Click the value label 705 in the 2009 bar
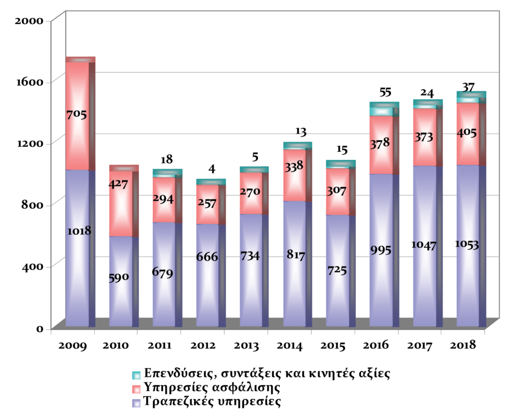tap(76, 115)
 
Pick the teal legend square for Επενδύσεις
tap(136, 375)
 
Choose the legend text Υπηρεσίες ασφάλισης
tap(212, 388)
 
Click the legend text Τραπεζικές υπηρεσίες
tap(212, 402)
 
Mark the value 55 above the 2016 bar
tap(385, 92)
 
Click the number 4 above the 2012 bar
tap(210, 169)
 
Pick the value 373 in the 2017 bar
tap(424, 137)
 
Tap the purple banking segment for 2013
tap(251, 295)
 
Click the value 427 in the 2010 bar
tap(119, 184)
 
